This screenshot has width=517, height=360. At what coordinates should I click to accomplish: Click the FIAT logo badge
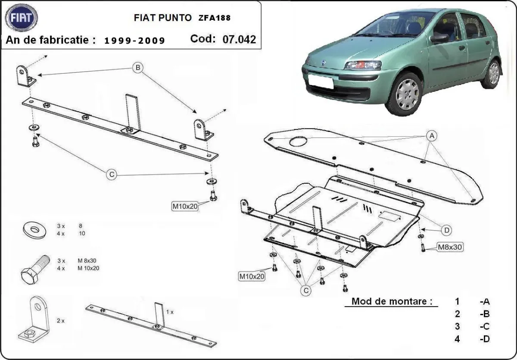coord(22,18)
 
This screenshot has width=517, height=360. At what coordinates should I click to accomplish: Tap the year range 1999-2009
coord(134,41)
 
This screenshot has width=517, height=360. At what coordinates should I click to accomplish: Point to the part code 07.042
coord(239,40)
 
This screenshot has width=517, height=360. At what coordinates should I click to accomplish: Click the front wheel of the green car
coord(405,94)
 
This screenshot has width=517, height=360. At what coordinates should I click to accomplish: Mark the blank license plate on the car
coord(319,81)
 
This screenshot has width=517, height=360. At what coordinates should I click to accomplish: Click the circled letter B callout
coord(137,68)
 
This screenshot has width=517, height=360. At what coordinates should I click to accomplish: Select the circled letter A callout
coord(431,136)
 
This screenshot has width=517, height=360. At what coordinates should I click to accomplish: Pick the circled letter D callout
coord(447,231)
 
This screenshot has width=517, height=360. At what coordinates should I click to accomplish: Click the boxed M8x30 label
coord(450,247)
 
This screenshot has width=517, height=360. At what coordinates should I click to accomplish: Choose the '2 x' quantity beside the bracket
coord(60,321)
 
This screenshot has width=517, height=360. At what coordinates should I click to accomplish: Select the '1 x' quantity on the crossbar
coord(170,311)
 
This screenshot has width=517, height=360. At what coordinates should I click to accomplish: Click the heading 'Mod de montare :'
coord(392,301)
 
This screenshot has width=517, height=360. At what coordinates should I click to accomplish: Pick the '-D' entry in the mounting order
coord(485,339)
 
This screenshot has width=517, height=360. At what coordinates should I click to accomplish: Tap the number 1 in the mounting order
coord(458,302)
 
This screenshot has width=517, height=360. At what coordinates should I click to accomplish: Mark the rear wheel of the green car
coord(492,74)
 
